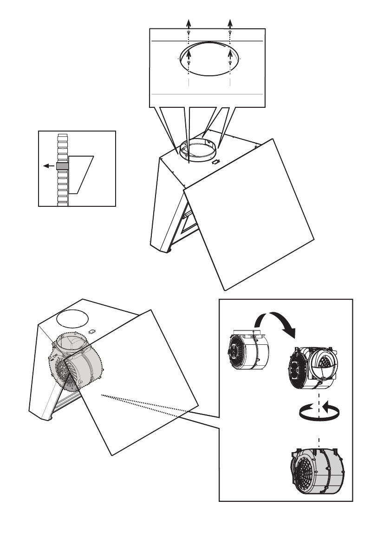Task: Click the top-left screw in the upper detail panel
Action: tap(188, 32)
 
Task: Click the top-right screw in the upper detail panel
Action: tap(230, 32)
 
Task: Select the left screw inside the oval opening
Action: tap(188, 62)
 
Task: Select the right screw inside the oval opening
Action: tap(230, 62)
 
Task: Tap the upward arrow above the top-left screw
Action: tap(188, 23)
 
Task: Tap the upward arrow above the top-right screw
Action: tap(230, 23)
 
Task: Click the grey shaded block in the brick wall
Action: tap(62, 166)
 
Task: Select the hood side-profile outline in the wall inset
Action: tap(81, 174)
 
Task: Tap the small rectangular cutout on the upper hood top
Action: tap(216, 162)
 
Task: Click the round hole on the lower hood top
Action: tap(72, 319)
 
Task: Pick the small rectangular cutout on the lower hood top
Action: tap(91, 332)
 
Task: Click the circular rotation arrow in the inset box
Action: tap(318, 412)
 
